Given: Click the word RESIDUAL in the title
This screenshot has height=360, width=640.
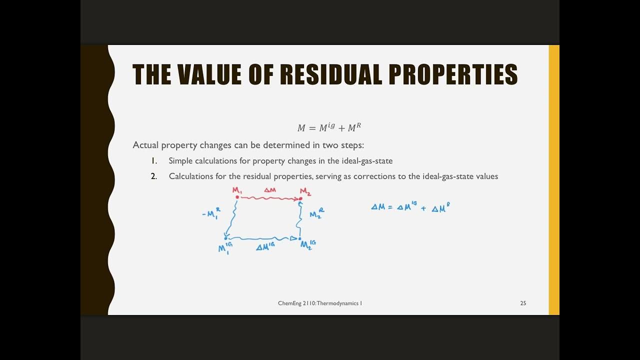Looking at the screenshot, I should click(329, 74).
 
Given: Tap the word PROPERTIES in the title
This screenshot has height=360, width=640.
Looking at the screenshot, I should click(453, 74).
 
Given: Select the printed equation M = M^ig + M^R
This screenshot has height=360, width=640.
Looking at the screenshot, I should click(329, 127).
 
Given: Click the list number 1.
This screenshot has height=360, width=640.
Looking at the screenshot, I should click(154, 160).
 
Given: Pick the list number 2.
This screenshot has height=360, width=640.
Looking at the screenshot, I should click(154, 176).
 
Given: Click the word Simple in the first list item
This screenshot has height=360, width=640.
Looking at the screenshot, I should click(180, 160).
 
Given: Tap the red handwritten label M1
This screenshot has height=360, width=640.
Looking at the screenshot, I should click(237, 190).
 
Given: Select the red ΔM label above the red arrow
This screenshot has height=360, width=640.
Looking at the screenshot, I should click(270, 190).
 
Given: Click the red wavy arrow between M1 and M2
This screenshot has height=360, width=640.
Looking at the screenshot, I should click(269, 198).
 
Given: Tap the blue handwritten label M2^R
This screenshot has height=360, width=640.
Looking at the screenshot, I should click(316, 214).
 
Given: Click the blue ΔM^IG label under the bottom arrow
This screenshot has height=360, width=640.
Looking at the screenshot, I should click(265, 247).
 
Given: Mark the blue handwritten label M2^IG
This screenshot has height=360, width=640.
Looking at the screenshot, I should click(307, 244).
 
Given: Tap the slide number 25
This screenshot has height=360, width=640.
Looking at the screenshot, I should click(523, 303).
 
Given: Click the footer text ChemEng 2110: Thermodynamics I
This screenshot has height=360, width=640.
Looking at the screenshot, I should click(320, 303).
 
